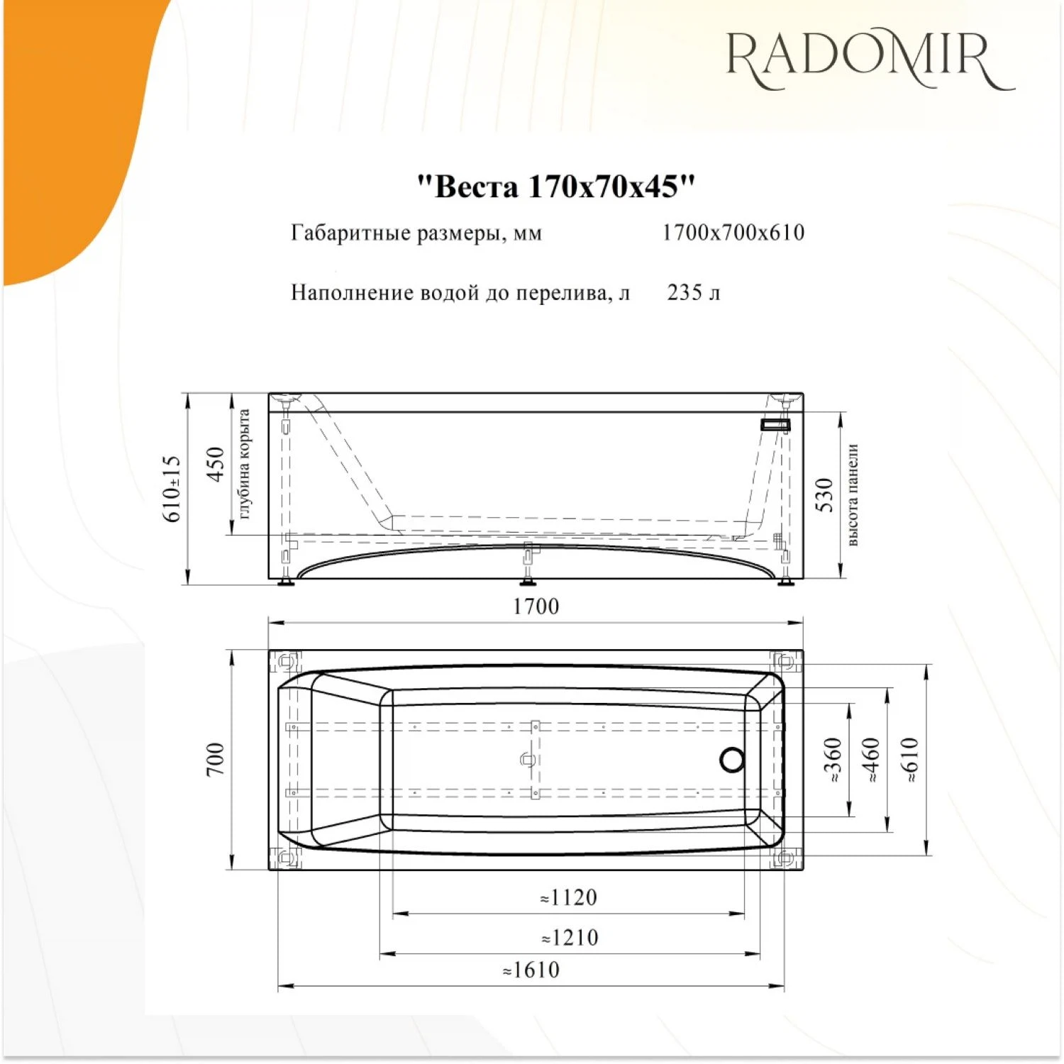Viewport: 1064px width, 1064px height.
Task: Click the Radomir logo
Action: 870,60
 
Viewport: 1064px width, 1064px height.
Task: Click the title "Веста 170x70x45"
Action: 555,187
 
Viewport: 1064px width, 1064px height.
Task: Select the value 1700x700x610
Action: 733,232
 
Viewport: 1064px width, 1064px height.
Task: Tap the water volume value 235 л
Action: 694,292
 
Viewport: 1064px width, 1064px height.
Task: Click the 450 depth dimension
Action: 216,464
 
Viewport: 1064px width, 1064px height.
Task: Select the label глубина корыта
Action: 244,464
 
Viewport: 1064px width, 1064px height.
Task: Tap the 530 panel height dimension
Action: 824,494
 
